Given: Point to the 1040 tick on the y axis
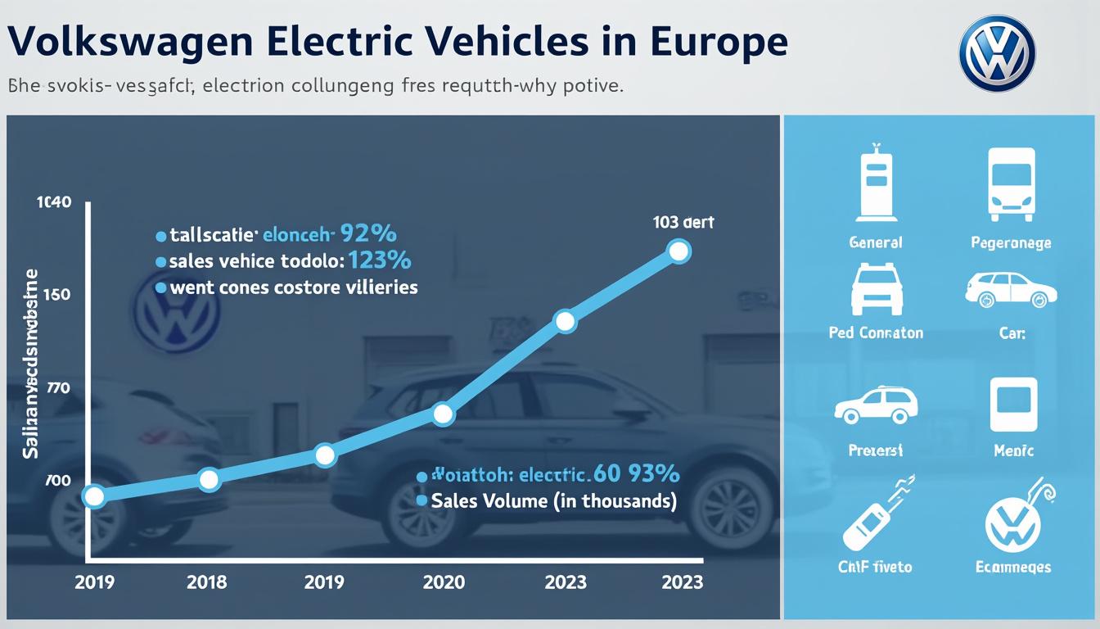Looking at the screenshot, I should click(53, 202).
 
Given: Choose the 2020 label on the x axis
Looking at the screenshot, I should click(444, 581).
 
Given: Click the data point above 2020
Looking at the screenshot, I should click(443, 414).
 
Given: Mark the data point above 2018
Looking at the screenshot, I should click(210, 480).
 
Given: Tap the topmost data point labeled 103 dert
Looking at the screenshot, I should click(678, 251).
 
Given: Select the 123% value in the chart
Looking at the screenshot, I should click(379, 261).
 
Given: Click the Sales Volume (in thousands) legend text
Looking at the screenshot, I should click(553, 501).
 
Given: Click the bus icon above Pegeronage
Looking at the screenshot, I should click(1012, 184).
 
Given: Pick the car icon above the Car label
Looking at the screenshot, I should click(1011, 290).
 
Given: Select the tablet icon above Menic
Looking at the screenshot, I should click(1013, 405).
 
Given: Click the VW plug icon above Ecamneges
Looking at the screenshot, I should click(1015, 519).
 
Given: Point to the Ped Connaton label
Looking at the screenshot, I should click(876, 333).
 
